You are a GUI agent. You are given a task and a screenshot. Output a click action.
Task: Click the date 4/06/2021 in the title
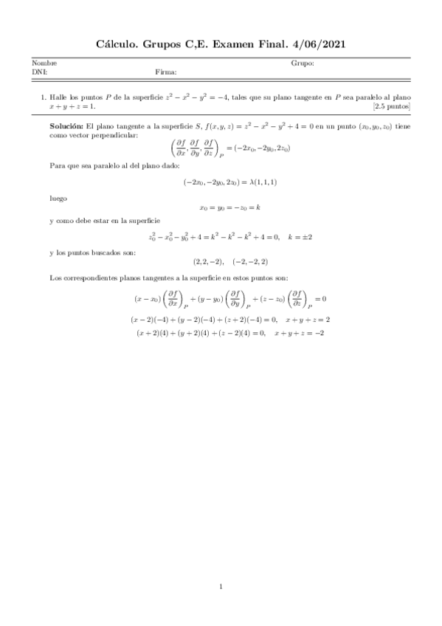point(314,45)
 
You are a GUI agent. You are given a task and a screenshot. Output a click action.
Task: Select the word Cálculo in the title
point(119,45)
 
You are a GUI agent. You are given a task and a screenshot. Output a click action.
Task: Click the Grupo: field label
point(303,63)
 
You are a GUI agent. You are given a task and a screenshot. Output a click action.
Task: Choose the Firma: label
point(166,72)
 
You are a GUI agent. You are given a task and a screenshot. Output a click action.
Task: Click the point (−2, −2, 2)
point(249,261)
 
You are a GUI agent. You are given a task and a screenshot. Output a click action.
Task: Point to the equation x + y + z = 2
point(306,320)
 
